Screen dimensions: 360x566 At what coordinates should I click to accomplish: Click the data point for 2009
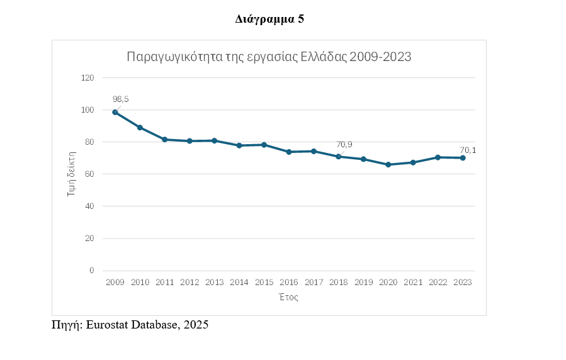click(x=115, y=112)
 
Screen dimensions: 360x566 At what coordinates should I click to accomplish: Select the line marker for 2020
click(x=388, y=164)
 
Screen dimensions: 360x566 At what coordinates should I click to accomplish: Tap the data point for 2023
click(x=463, y=158)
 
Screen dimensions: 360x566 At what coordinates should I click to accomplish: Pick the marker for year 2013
click(x=215, y=140)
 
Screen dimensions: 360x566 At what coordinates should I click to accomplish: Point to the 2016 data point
click(x=289, y=152)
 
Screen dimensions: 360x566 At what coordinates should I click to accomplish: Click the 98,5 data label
click(x=120, y=99)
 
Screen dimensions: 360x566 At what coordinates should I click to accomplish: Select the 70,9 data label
click(x=344, y=144)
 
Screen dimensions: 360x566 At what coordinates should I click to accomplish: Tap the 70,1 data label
click(x=468, y=150)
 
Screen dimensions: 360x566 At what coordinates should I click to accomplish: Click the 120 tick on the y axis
click(x=87, y=77)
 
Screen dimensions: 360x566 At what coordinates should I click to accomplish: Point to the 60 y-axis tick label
click(x=89, y=174)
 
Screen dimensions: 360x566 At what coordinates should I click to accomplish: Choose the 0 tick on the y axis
click(x=91, y=271)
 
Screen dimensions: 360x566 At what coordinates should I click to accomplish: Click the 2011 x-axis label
click(x=165, y=283)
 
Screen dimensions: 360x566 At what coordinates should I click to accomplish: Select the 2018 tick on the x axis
click(x=339, y=283)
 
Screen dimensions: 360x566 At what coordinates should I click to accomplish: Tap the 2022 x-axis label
click(x=438, y=283)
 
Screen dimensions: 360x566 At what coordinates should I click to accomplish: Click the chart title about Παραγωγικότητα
click(x=269, y=57)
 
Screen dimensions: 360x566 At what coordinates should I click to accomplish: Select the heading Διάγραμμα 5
click(x=269, y=20)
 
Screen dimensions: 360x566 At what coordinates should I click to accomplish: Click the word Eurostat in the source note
click(x=110, y=325)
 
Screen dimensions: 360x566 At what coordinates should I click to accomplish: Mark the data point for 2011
click(x=165, y=139)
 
